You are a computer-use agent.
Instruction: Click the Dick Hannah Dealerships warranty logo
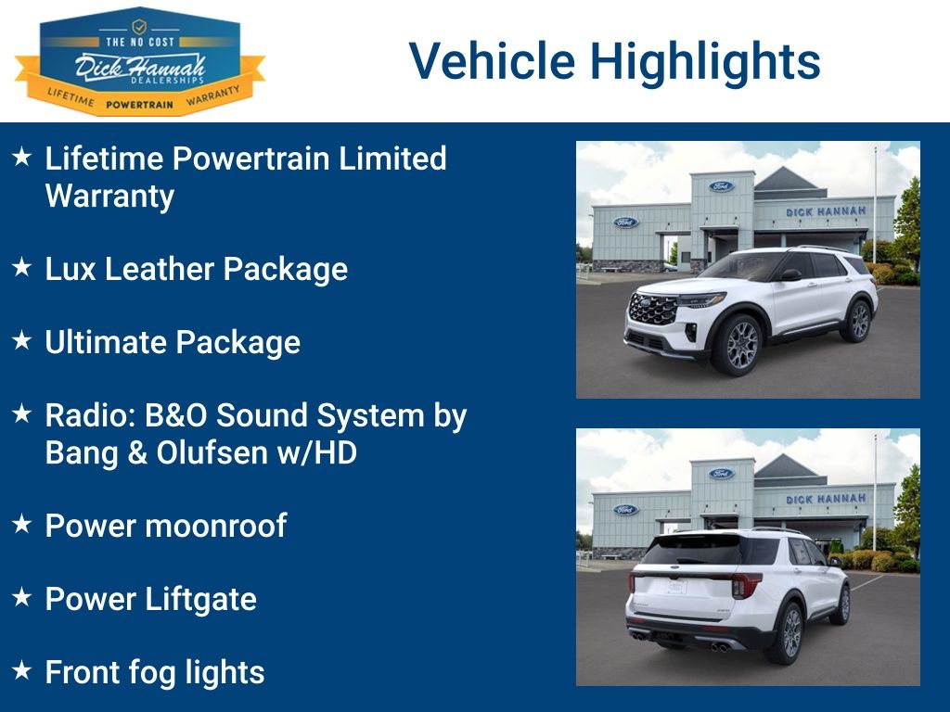point(139,63)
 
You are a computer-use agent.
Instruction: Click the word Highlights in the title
point(705,61)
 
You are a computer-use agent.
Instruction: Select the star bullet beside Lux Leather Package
point(22,268)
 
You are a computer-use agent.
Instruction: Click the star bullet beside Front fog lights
point(22,670)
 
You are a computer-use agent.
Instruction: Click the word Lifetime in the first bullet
point(104,159)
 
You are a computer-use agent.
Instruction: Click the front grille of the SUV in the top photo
point(652,309)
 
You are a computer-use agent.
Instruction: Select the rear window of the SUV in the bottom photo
point(691,551)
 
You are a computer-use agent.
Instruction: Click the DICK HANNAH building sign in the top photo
point(826,212)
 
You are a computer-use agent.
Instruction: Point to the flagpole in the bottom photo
point(874,491)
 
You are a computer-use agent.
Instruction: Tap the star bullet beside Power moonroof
point(22,525)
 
